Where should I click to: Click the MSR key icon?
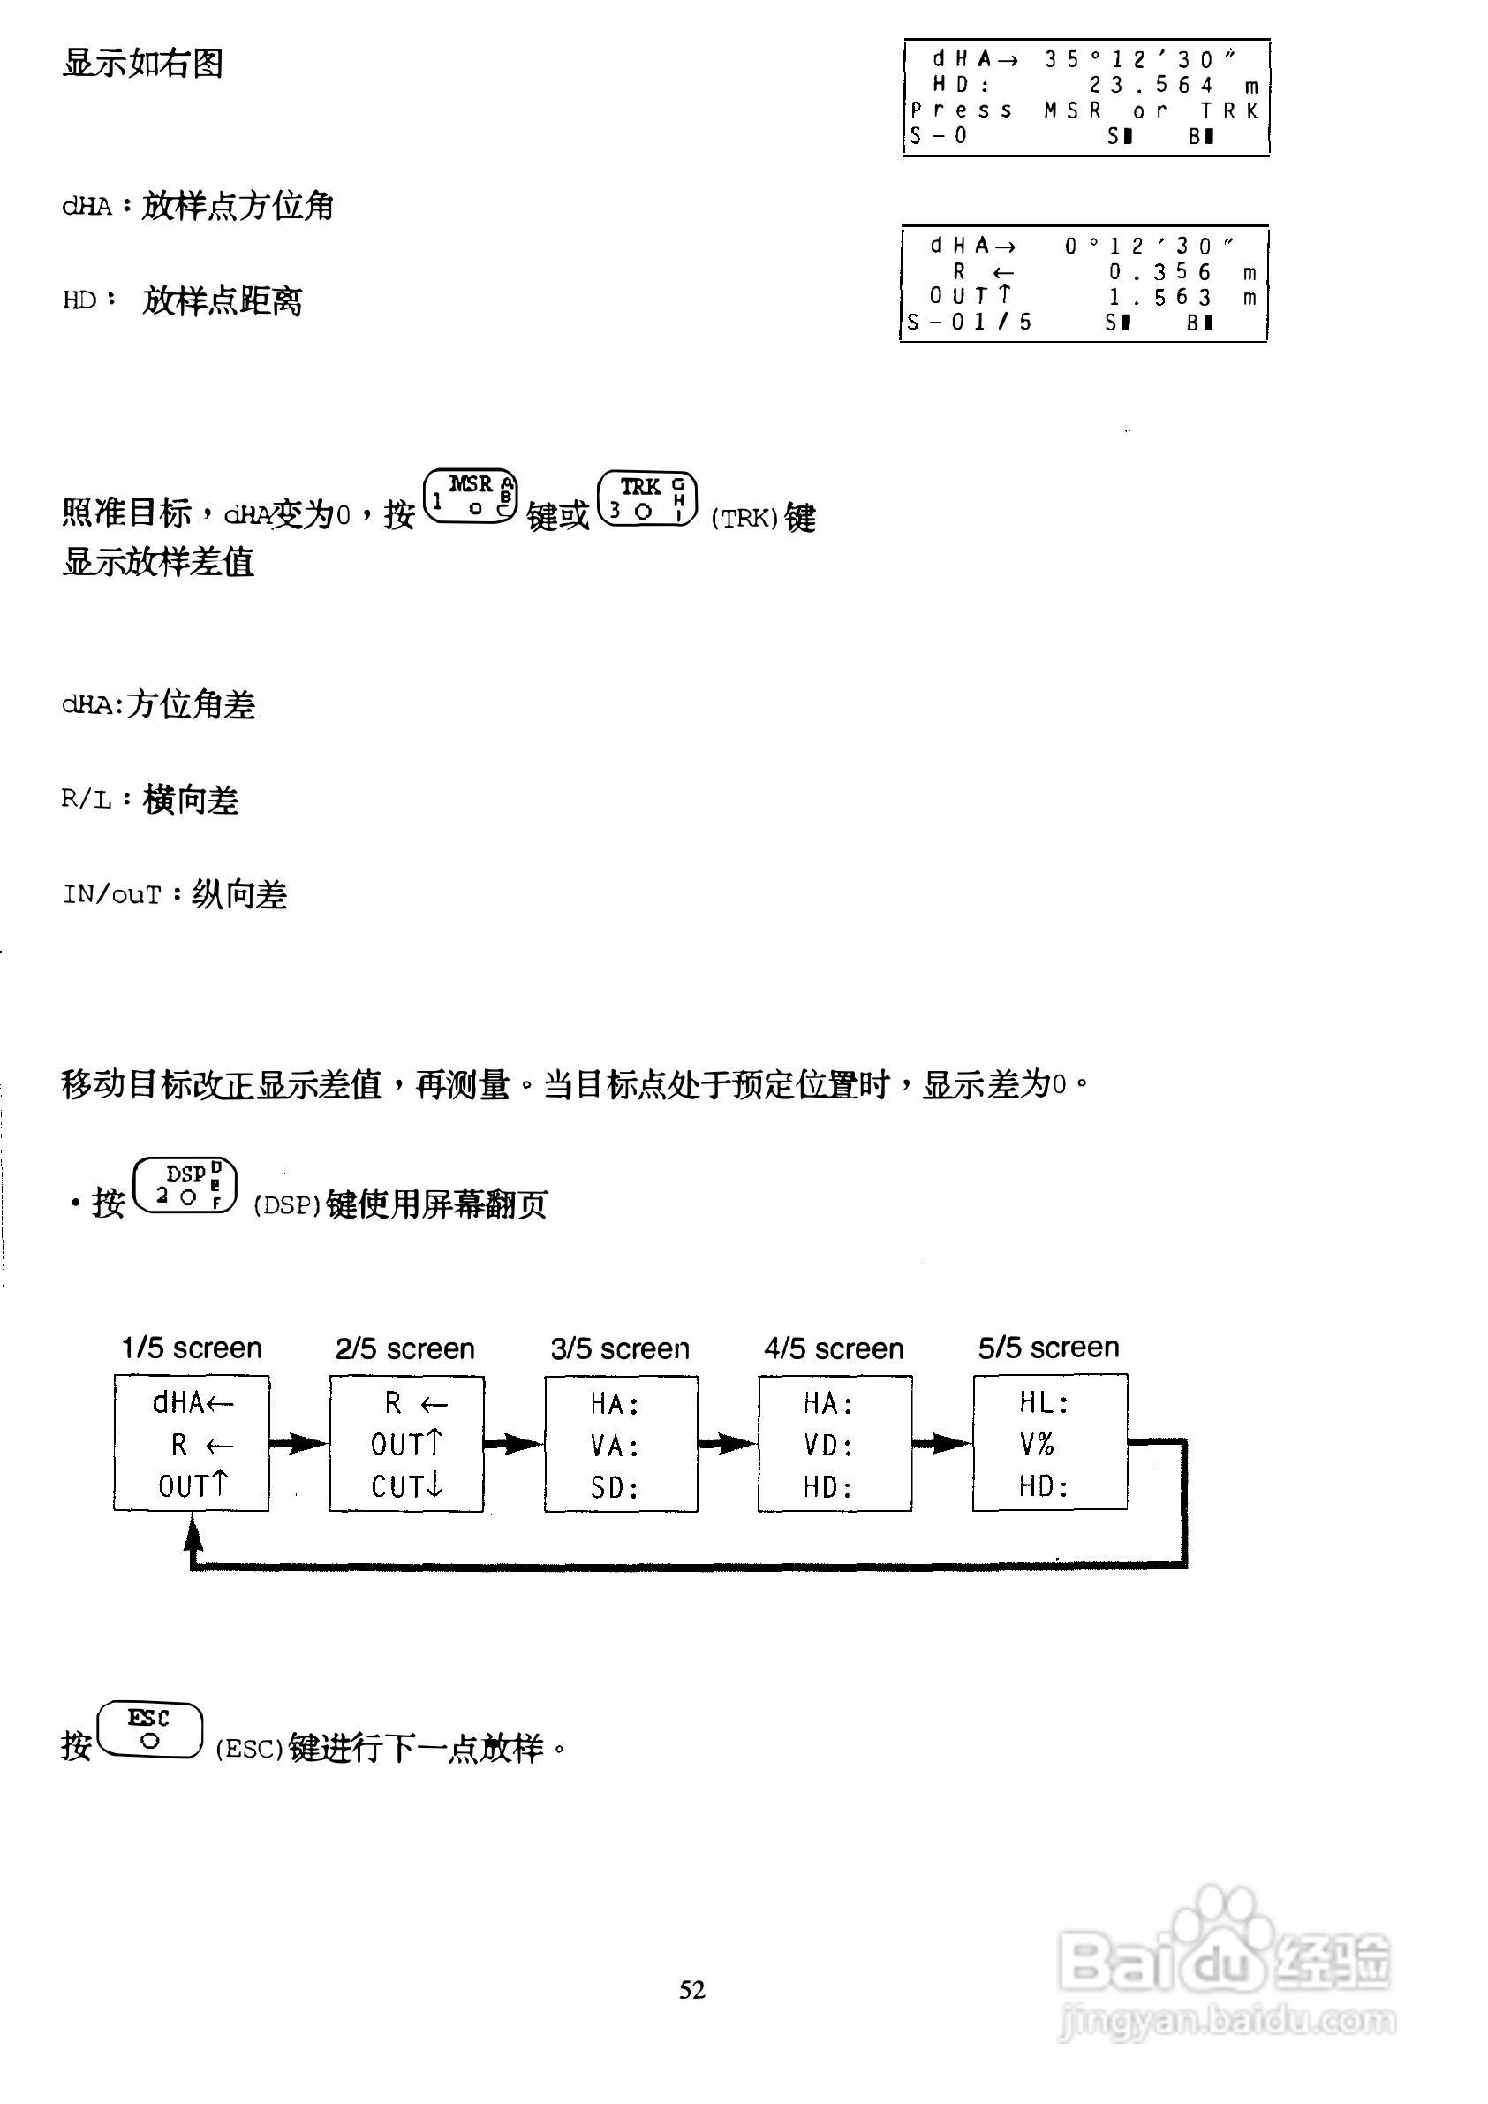pos(471,496)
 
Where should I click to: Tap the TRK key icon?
pos(647,498)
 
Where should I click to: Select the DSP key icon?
pos(185,1186)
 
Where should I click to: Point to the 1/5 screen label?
pos(192,1348)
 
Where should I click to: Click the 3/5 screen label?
pos(620,1348)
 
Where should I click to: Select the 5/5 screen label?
pos(1049,1348)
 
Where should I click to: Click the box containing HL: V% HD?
pos(1050,1442)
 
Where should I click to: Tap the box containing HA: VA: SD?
pos(620,1444)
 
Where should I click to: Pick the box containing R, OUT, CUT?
pos(406,1444)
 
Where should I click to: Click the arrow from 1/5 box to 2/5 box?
pos(298,1444)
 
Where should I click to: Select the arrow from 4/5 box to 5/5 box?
pos(942,1444)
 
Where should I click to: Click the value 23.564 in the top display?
pos(1152,85)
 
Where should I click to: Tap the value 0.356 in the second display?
pos(1160,272)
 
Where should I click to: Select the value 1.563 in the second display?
pos(1160,297)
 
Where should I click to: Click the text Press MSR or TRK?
pos(1084,111)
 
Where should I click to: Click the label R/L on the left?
pos(87,800)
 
